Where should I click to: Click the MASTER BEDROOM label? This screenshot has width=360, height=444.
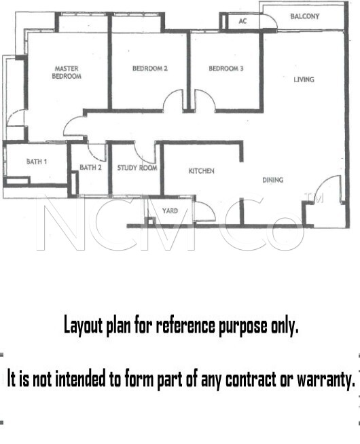point(67,73)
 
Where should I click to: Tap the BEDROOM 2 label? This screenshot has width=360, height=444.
point(150,69)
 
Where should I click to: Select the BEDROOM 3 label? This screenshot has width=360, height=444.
point(226,69)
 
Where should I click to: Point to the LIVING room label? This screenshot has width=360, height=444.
point(304,79)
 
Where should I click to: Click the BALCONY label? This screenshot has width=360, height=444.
point(305,16)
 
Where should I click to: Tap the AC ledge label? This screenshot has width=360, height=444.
point(242,21)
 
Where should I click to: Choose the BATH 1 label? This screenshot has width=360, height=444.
point(37,162)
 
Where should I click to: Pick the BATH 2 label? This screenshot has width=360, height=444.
point(90,168)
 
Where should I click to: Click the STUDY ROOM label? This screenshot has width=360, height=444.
point(137,168)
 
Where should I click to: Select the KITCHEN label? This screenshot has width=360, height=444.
point(201,171)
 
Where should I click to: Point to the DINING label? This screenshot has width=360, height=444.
point(273,180)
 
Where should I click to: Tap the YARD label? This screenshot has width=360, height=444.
point(170,211)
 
